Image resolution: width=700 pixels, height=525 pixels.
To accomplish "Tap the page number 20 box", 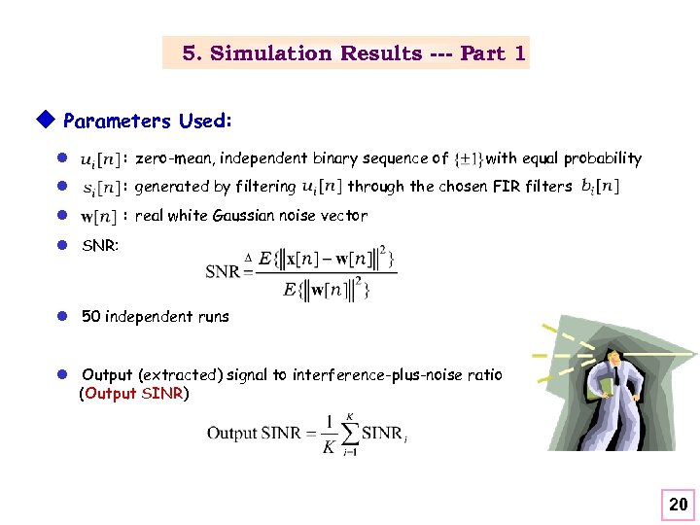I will (x=678, y=504).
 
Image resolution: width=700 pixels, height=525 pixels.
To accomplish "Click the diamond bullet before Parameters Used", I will (x=42, y=121).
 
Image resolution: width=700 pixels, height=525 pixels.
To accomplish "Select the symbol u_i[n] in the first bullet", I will (x=100, y=158).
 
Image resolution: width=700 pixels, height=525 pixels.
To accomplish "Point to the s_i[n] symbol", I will (x=101, y=187).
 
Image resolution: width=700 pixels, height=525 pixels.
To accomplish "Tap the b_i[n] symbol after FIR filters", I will (x=600, y=186).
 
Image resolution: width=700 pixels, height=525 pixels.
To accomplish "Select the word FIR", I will (x=507, y=187).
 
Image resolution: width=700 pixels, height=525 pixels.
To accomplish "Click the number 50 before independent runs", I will (x=91, y=316).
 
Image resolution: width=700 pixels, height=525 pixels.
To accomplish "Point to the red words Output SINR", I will (x=136, y=394).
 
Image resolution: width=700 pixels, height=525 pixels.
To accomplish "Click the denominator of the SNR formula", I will (x=325, y=289).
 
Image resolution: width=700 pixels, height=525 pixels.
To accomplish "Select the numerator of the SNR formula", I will (x=325, y=259).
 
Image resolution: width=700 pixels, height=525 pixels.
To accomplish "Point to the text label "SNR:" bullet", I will (x=100, y=247).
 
